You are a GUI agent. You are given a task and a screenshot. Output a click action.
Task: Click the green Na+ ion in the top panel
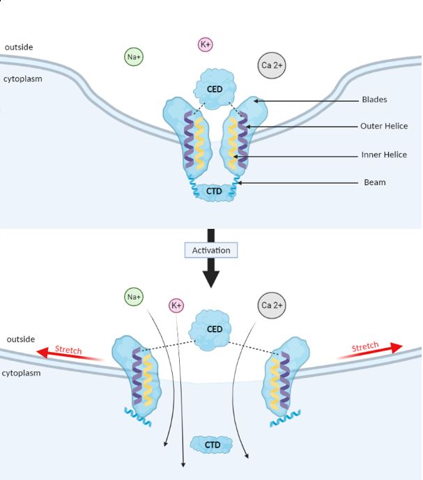(134, 57)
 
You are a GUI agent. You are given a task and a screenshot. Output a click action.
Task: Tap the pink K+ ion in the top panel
(206, 45)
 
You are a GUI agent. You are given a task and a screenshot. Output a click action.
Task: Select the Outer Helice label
(384, 126)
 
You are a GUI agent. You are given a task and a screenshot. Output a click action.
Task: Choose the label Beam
(375, 183)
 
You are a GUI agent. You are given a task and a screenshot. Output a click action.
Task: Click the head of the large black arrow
(210, 278)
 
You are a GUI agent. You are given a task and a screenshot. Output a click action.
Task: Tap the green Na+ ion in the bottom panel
(134, 298)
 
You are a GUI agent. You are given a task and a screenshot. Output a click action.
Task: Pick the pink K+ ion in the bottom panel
(176, 305)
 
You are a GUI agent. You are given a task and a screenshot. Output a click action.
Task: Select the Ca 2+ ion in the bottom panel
(272, 305)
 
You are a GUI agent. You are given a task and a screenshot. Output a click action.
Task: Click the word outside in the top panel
(19, 47)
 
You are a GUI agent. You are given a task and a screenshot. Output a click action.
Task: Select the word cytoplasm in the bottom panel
(22, 373)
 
